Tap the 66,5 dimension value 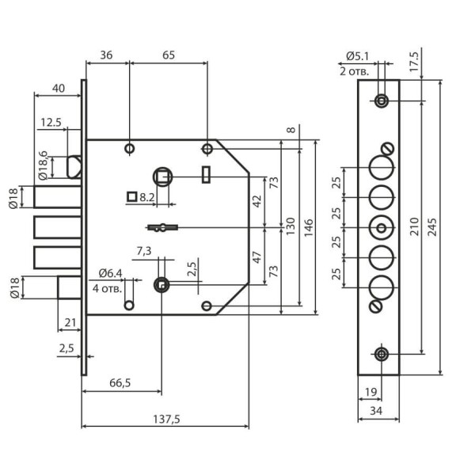(x=120, y=383)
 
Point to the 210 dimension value (x=427, y=226)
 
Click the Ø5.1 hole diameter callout (x=358, y=56)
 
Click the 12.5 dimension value (x=51, y=122)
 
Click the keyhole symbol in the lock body (x=161, y=228)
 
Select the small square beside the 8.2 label (x=131, y=196)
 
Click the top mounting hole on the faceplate (x=382, y=101)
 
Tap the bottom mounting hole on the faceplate (x=382, y=354)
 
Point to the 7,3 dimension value (x=144, y=251)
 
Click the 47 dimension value (x=256, y=256)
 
